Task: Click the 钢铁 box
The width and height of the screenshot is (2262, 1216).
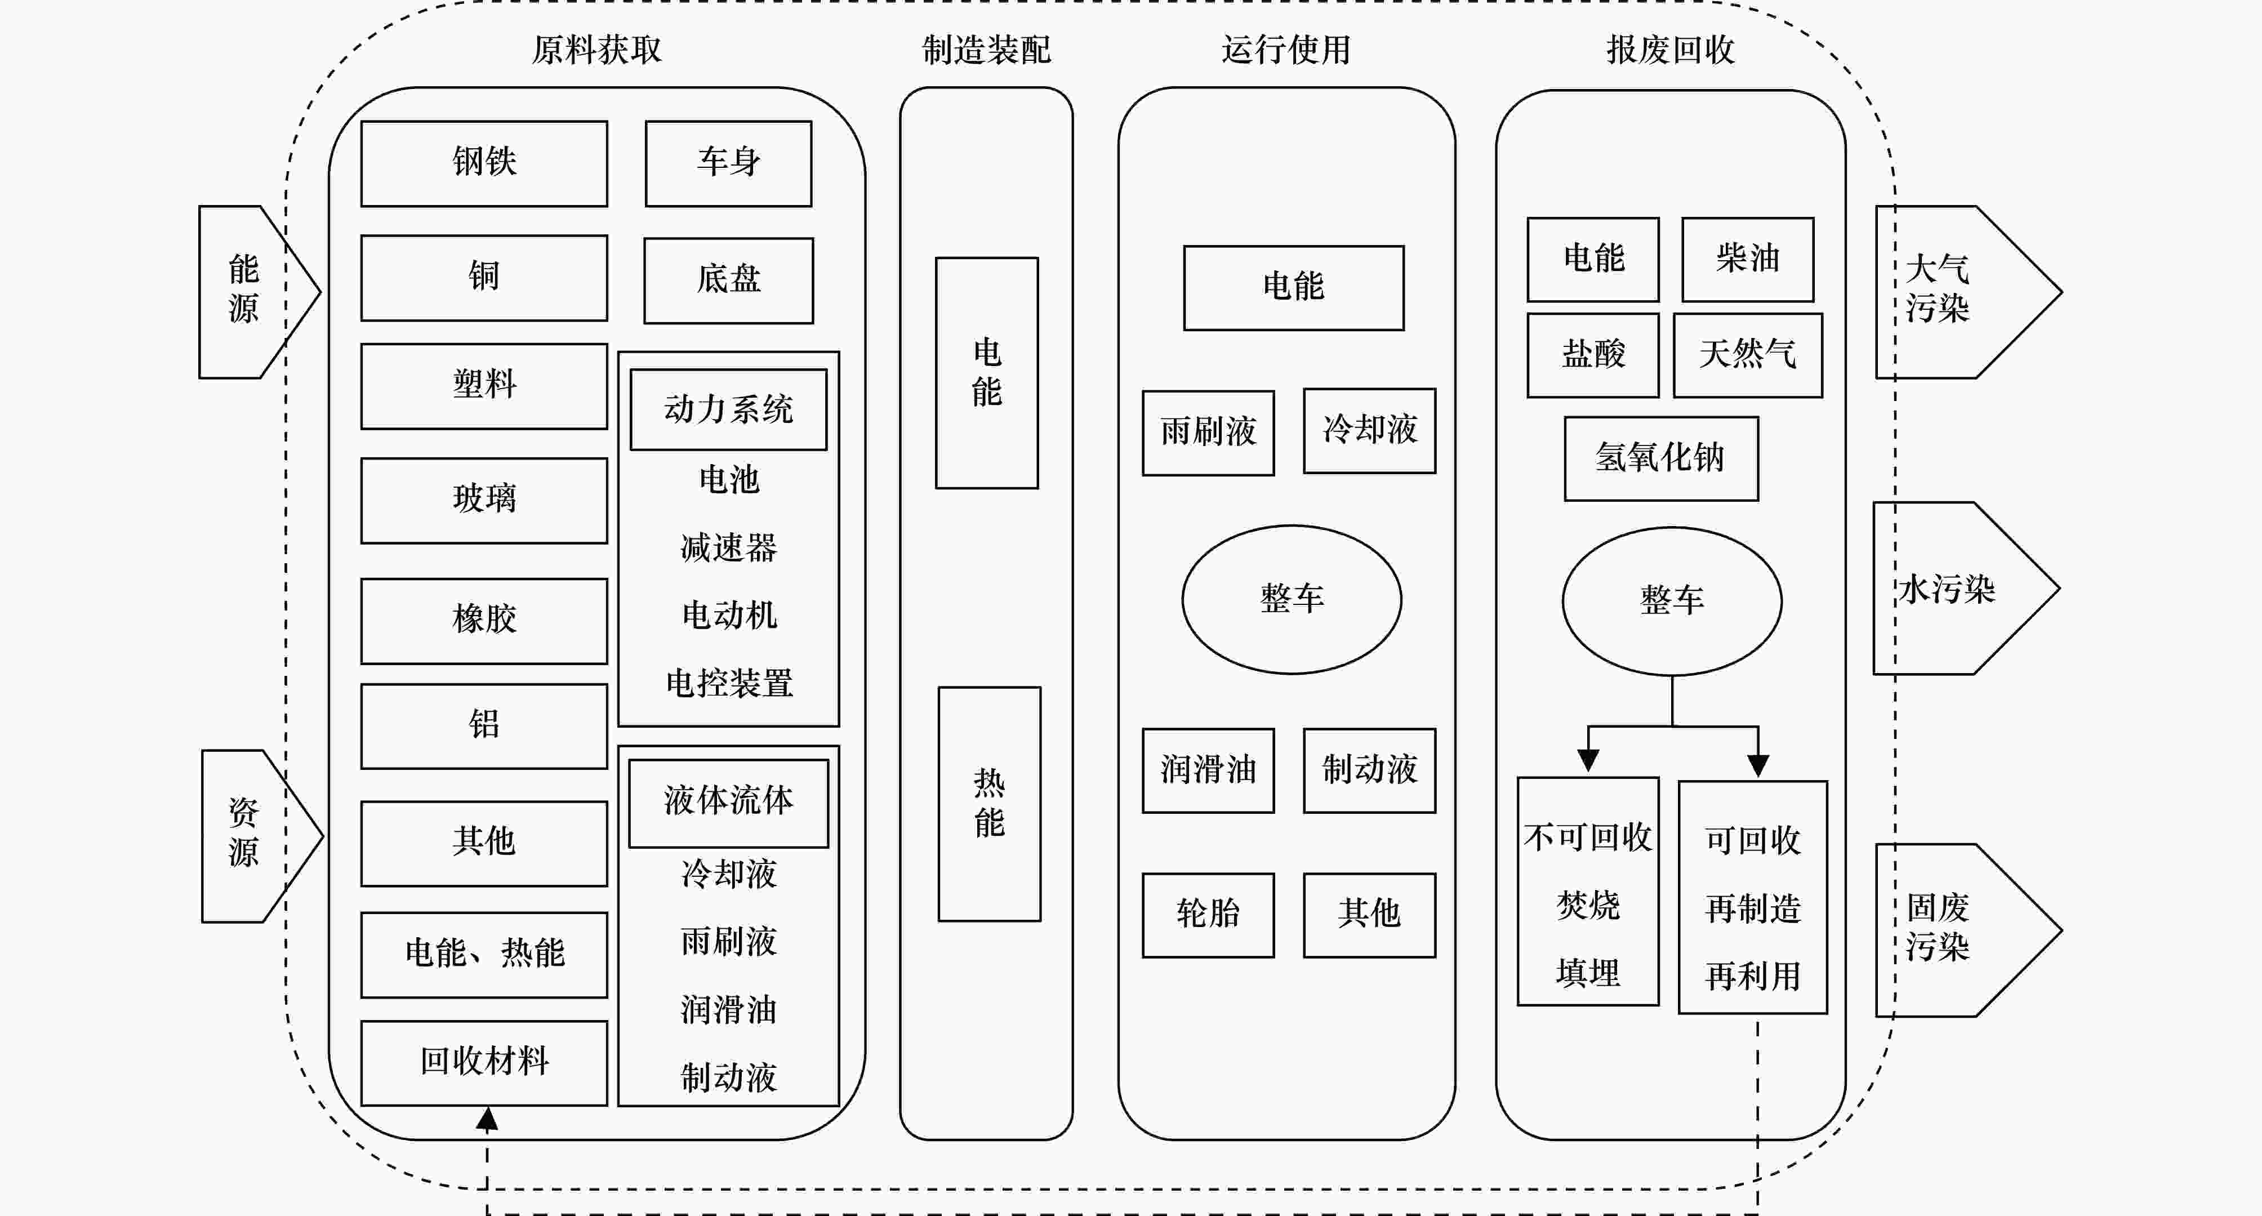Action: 484,163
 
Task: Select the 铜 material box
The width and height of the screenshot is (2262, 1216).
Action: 484,278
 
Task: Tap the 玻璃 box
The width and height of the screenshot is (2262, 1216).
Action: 484,500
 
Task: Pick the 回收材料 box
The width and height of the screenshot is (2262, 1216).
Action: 484,1062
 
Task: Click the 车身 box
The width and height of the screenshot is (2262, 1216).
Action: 728,163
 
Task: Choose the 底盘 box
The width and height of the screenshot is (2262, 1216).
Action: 728,280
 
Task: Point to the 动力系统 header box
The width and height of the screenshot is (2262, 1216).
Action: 728,409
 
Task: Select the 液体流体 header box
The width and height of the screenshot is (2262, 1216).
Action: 728,801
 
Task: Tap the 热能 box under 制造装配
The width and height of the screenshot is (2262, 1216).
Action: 988,803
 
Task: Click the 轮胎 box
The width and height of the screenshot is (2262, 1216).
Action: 1208,914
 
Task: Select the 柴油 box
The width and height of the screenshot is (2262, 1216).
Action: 1747,259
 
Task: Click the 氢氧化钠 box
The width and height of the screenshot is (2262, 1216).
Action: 1660,458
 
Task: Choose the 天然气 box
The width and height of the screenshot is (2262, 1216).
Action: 1747,355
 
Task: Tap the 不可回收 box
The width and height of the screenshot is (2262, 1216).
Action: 1588,890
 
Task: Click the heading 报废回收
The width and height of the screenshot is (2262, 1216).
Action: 1670,50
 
